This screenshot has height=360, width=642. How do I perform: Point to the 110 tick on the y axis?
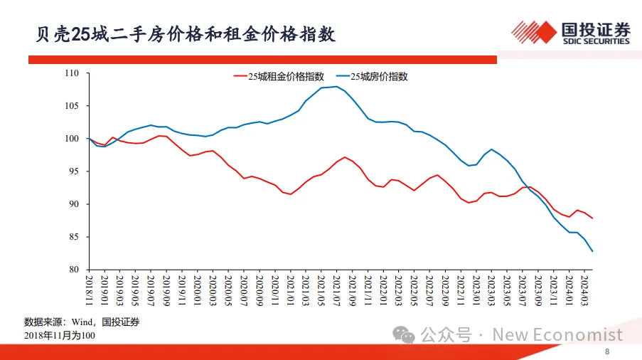[71, 73]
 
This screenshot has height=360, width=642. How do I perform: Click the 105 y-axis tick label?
[71, 106]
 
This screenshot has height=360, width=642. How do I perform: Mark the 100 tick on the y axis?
[71, 139]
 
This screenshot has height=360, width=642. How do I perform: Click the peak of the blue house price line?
[336, 87]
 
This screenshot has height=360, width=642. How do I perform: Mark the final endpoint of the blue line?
[592, 251]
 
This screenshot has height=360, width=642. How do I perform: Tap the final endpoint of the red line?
[592, 218]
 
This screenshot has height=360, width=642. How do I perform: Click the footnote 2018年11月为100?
[60, 335]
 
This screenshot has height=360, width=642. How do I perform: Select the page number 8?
[606, 351]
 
